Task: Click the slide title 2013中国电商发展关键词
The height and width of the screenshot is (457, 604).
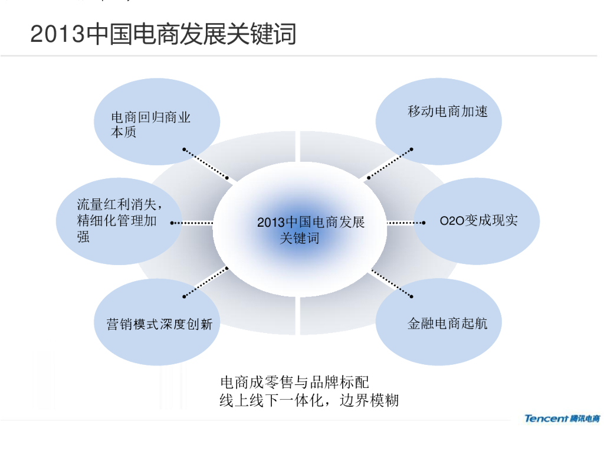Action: [163, 34]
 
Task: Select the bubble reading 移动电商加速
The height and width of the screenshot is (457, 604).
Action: [439, 121]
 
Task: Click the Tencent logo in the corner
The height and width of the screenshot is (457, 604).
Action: [562, 419]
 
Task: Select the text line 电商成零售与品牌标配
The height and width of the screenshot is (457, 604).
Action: [294, 383]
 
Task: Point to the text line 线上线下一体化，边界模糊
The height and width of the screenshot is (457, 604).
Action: [309, 400]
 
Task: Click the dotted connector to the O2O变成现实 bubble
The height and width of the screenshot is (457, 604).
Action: [406, 223]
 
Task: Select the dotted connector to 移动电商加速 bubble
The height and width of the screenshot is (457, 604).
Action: [389, 163]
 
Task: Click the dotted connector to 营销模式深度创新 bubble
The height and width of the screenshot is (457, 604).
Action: [206, 282]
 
